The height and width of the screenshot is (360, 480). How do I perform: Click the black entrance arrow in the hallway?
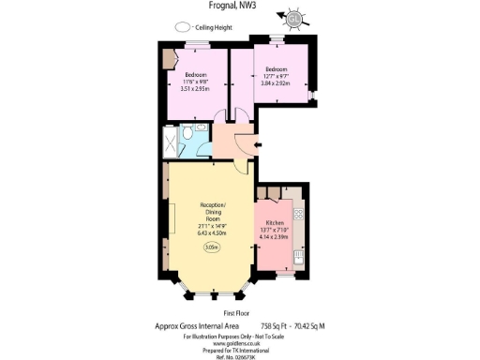[258, 144]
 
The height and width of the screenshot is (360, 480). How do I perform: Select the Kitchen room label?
[276, 223]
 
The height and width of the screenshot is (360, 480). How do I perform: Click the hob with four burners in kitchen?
[299, 215]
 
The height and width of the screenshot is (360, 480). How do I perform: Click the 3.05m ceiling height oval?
[213, 247]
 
